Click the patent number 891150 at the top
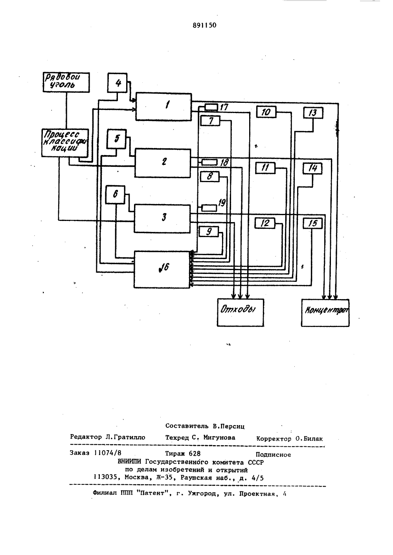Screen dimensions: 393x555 [x=204, y=25]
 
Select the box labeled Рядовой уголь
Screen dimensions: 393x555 [x=66, y=82]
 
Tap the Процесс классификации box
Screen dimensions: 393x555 [x=65, y=143]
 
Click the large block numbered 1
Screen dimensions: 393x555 [x=163, y=107]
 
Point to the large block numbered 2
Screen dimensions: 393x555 [x=163, y=163]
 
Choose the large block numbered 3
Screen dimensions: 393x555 [x=162, y=219]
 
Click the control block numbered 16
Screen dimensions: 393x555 [x=162, y=269]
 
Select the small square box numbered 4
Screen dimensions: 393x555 [x=118, y=83]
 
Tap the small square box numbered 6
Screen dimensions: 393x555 [x=115, y=195]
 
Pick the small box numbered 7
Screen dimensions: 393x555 [x=210, y=120]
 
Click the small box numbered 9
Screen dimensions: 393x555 [x=209, y=232]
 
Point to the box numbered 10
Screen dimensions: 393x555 [x=266, y=112]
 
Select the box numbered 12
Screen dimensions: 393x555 [x=265, y=223]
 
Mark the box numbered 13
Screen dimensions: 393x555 [x=313, y=113]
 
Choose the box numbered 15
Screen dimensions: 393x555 [x=312, y=223]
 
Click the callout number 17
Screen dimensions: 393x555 [x=224, y=107]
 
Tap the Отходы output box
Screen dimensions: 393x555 [x=241, y=312]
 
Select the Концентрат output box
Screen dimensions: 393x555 [x=325, y=313]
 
